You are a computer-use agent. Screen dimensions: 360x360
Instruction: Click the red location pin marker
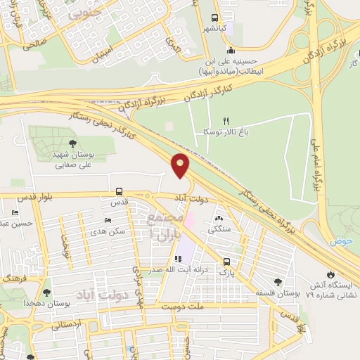point(181,165)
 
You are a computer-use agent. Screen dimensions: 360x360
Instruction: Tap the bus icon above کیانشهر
point(215,19)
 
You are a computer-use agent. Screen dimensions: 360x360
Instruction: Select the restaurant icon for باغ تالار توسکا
point(226,121)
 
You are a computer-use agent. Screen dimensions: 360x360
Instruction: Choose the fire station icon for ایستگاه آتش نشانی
point(330,274)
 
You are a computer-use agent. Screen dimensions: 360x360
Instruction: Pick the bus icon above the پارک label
point(225,259)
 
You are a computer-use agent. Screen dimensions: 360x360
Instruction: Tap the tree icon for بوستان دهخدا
point(47,292)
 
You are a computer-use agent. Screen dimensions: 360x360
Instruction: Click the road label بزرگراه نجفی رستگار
point(276,208)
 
